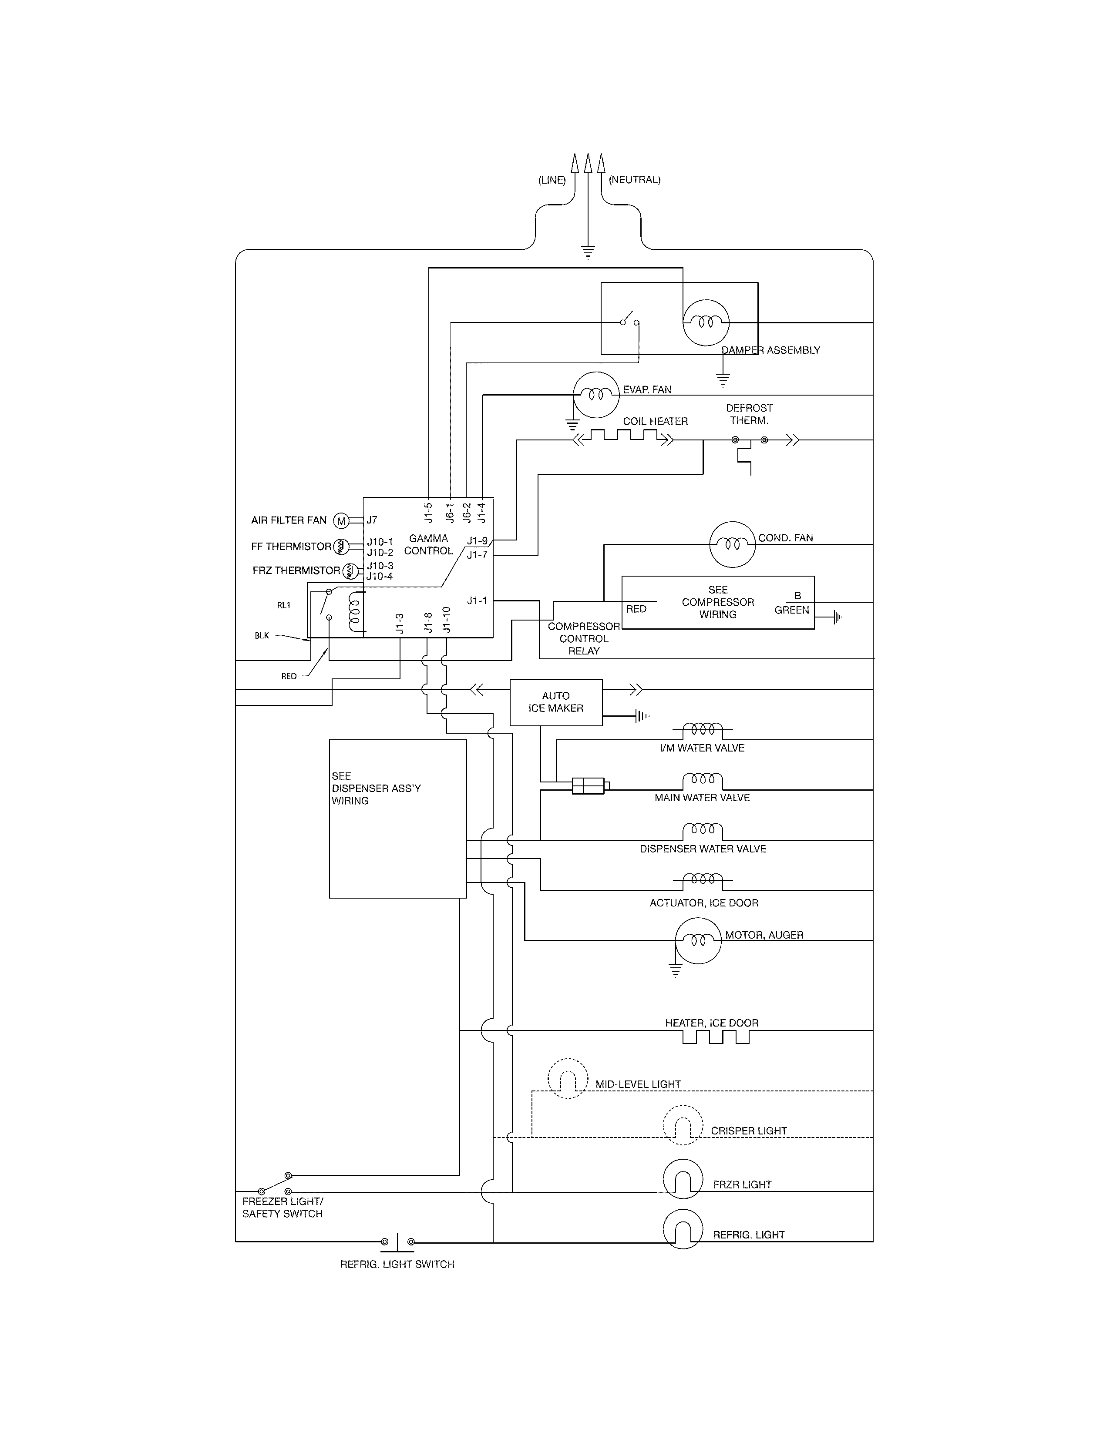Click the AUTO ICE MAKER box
(x=556, y=702)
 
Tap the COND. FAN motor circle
(x=732, y=544)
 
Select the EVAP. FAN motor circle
(x=596, y=395)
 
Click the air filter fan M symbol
(x=341, y=521)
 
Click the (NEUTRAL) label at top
(x=635, y=179)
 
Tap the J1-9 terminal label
(x=478, y=541)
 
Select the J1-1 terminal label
(x=478, y=601)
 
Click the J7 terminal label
(x=372, y=520)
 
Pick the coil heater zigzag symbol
(x=623, y=436)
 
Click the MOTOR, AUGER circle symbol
(x=698, y=940)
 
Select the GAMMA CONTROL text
(x=428, y=544)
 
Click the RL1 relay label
(x=283, y=605)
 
